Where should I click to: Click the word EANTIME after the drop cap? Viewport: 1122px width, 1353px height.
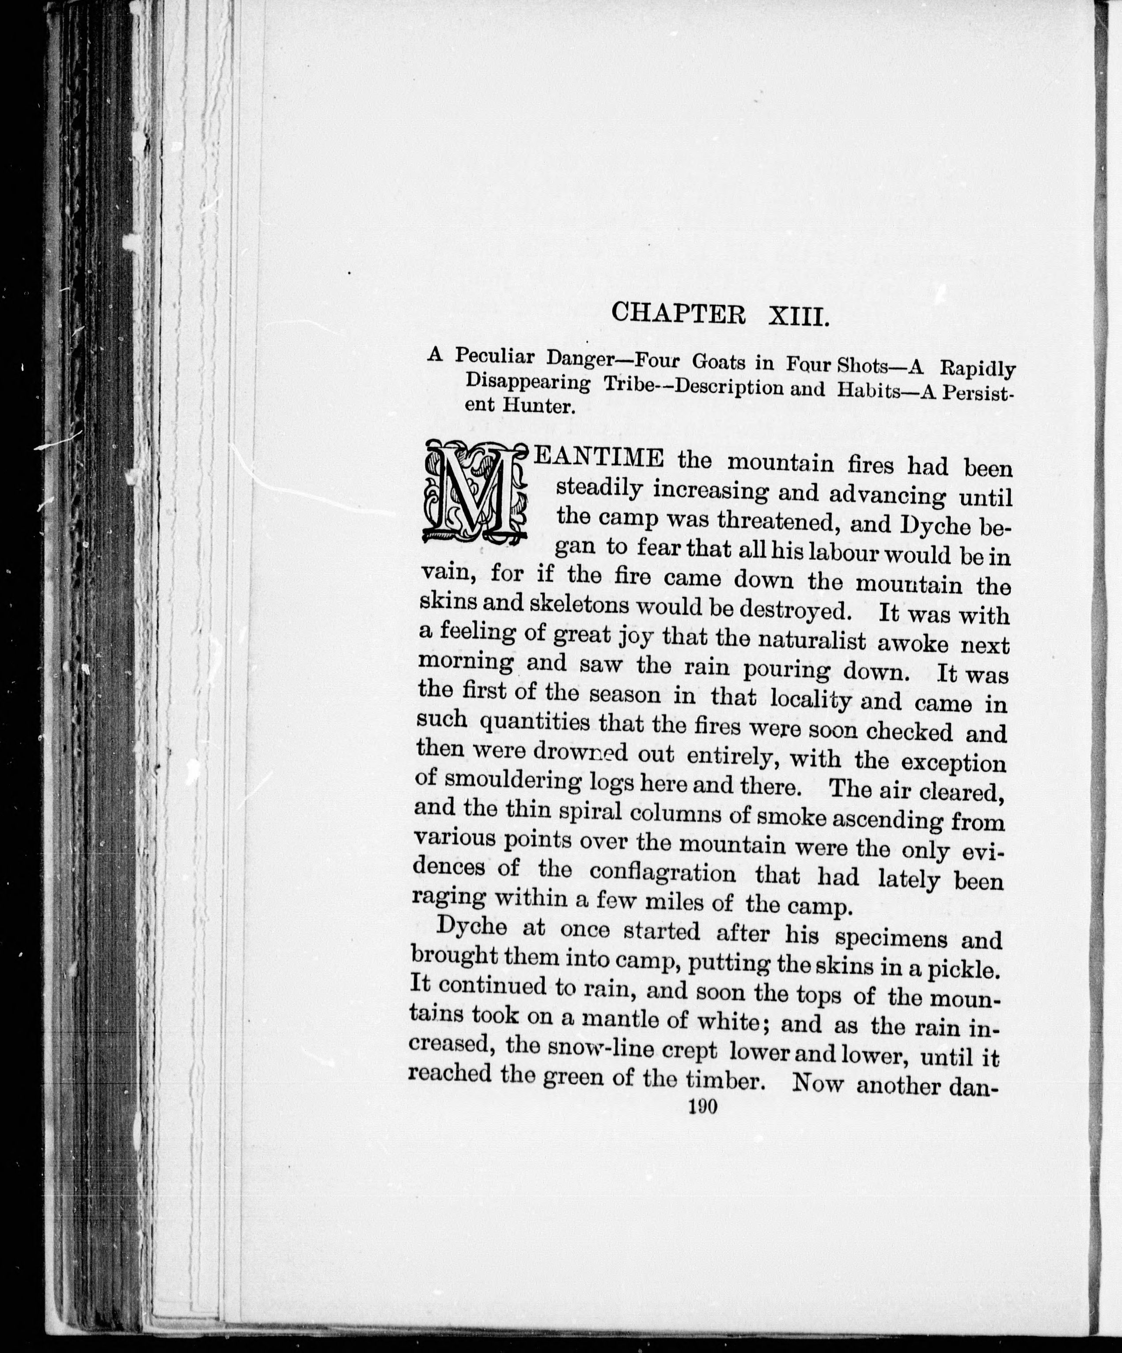(x=599, y=459)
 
